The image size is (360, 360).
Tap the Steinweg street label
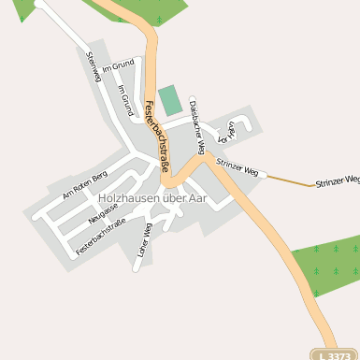[92, 67]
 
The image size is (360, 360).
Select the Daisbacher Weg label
[196, 120]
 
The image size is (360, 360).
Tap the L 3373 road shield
[333, 354]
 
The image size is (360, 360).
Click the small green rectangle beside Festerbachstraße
[169, 99]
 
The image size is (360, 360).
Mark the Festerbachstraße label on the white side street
[101, 237]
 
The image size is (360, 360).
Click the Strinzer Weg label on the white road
[237, 167]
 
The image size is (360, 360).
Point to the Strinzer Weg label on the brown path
[338, 180]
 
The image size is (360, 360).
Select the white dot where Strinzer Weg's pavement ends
[264, 174]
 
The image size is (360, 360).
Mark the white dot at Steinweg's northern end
[39, 3]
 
